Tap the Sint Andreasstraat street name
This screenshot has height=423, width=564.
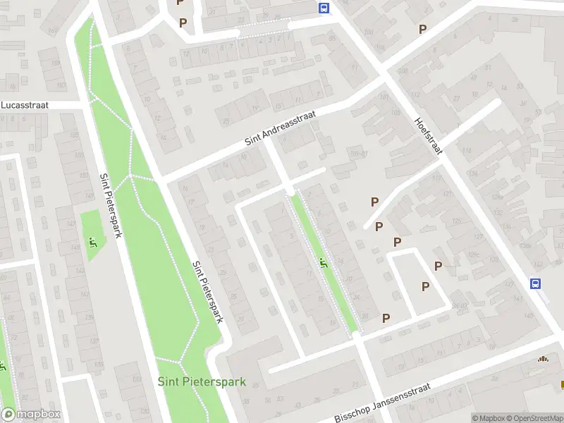click(281, 128)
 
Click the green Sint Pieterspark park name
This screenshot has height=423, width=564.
click(202, 382)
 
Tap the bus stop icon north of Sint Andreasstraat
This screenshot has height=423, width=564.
click(324, 8)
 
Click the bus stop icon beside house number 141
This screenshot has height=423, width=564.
click(536, 283)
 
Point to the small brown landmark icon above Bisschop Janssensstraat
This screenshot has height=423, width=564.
click(542, 359)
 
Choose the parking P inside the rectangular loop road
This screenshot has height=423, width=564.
click(425, 286)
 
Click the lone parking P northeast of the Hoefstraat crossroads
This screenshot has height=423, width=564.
click(423, 30)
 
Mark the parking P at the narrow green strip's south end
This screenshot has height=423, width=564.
click(386, 318)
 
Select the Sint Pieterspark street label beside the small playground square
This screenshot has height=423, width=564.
click(111, 206)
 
